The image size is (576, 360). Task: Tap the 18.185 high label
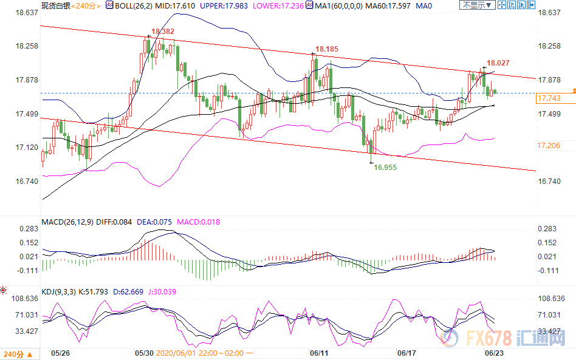click(326, 49)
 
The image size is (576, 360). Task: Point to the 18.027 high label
click(498, 62)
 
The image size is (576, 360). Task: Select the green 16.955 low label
click(385, 166)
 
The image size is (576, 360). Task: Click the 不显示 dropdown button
click(476, 5)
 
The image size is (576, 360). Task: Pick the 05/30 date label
click(143, 352)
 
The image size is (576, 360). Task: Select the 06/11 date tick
click(319, 352)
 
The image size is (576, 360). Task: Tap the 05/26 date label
click(60, 352)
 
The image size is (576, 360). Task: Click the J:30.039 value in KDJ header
click(165, 292)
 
